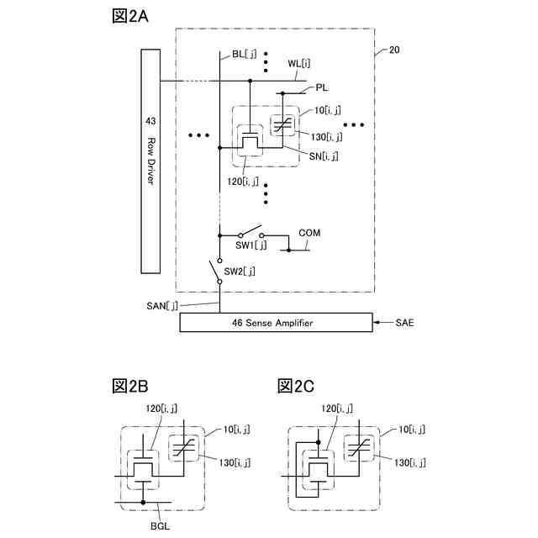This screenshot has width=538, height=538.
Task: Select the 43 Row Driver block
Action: tap(150, 160)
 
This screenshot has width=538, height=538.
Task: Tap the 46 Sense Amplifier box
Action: tap(276, 322)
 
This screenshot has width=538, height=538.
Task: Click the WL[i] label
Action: tap(298, 63)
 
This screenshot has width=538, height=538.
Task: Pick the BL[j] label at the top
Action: tap(244, 55)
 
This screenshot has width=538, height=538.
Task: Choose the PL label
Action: tap(322, 87)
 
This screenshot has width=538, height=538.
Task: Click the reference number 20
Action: tap(394, 50)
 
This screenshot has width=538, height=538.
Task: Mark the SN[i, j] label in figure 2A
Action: tap(324, 156)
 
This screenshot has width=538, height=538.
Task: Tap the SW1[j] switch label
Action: tap(251, 245)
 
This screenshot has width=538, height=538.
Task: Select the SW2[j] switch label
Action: tap(239, 271)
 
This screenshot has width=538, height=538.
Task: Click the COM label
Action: tap(309, 232)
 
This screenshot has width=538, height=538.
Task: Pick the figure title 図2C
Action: tap(296, 386)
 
